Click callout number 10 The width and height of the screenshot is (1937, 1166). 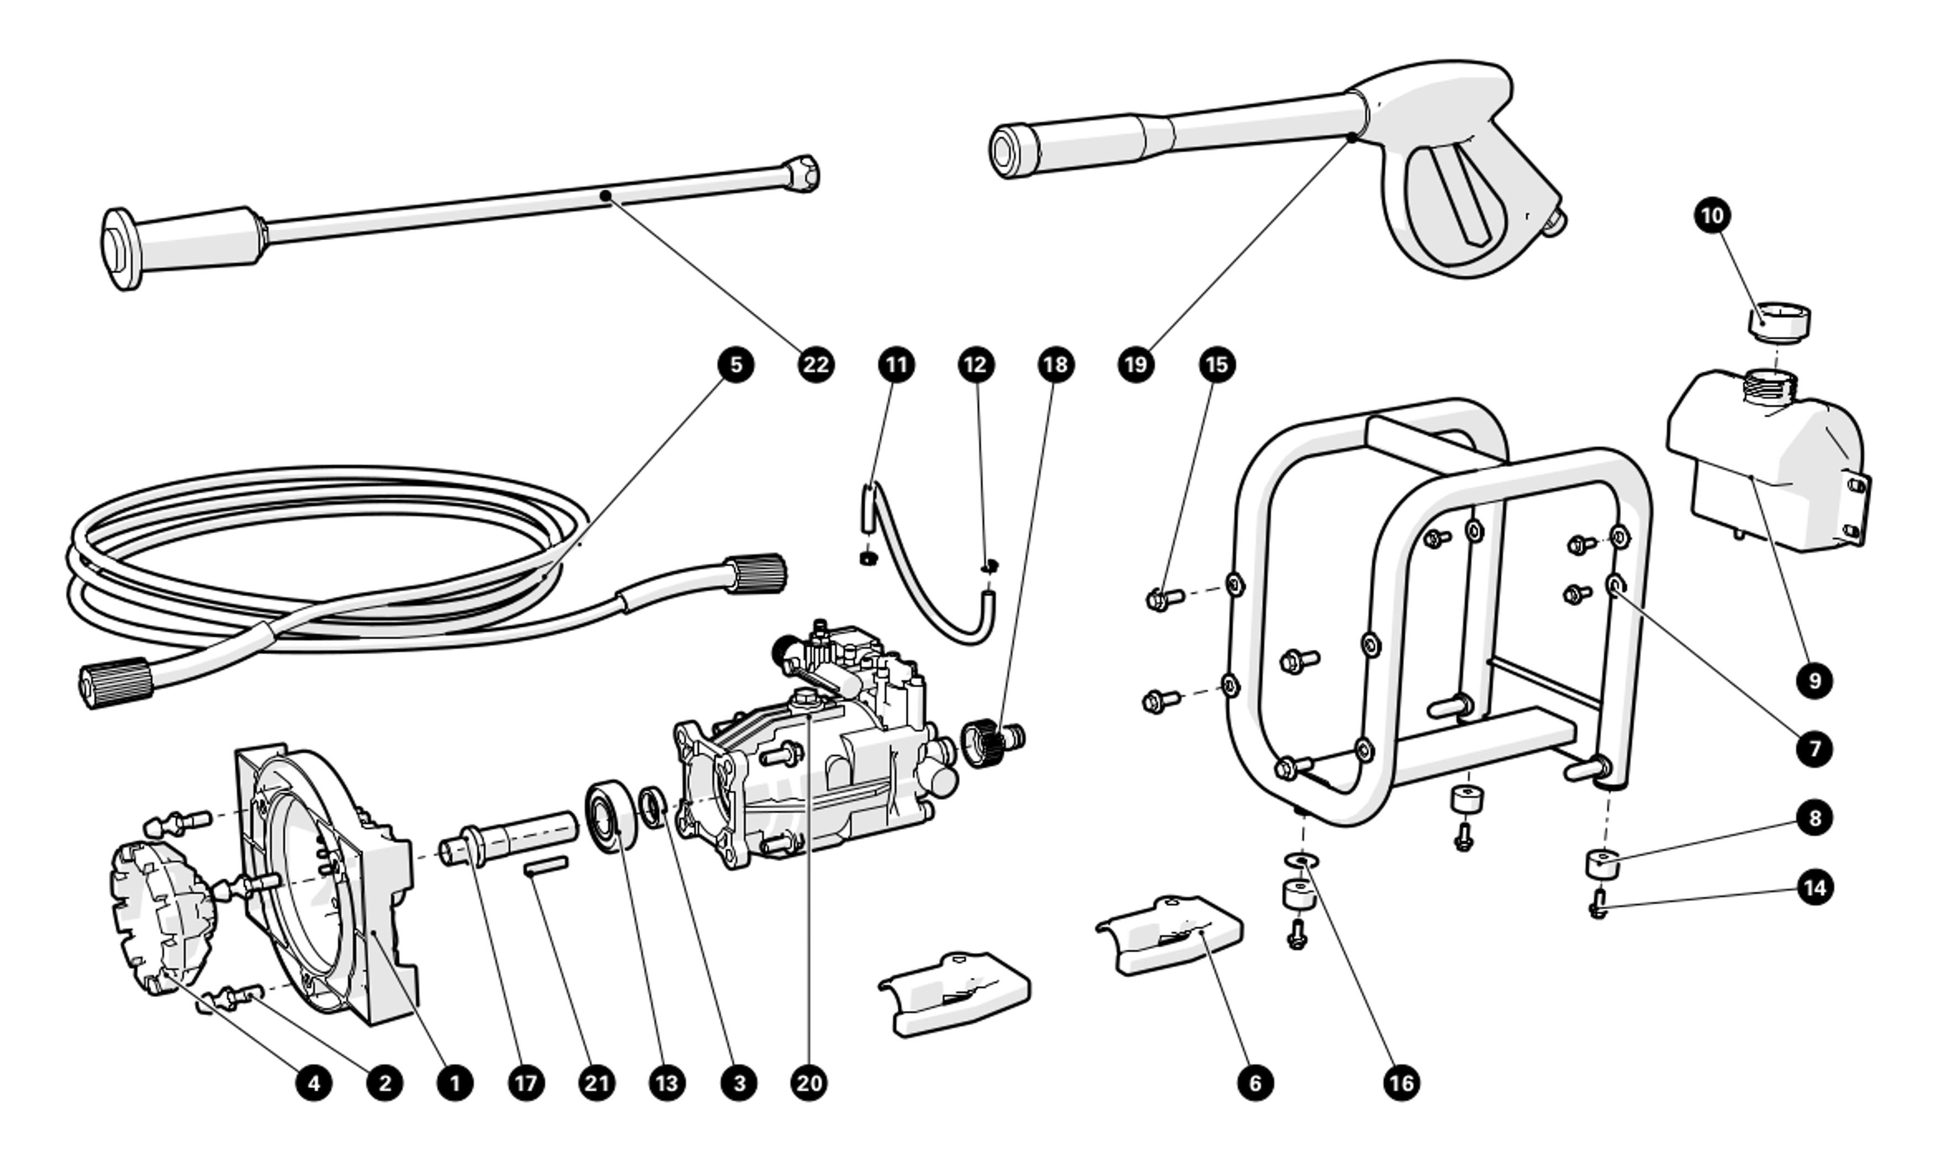(x=1712, y=215)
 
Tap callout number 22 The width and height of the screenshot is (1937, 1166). (x=816, y=364)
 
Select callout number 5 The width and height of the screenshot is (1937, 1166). (x=735, y=364)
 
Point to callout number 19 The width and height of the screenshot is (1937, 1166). (x=1135, y=364)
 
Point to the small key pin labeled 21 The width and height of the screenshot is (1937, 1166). (x=546, y=866)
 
